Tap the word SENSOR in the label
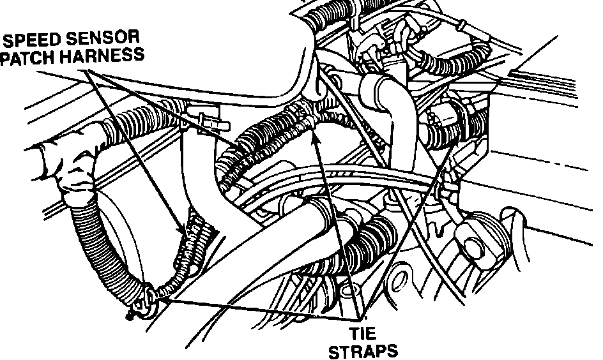[103, 40]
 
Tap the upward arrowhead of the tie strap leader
[315, 137]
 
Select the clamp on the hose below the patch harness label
[203, 119]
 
